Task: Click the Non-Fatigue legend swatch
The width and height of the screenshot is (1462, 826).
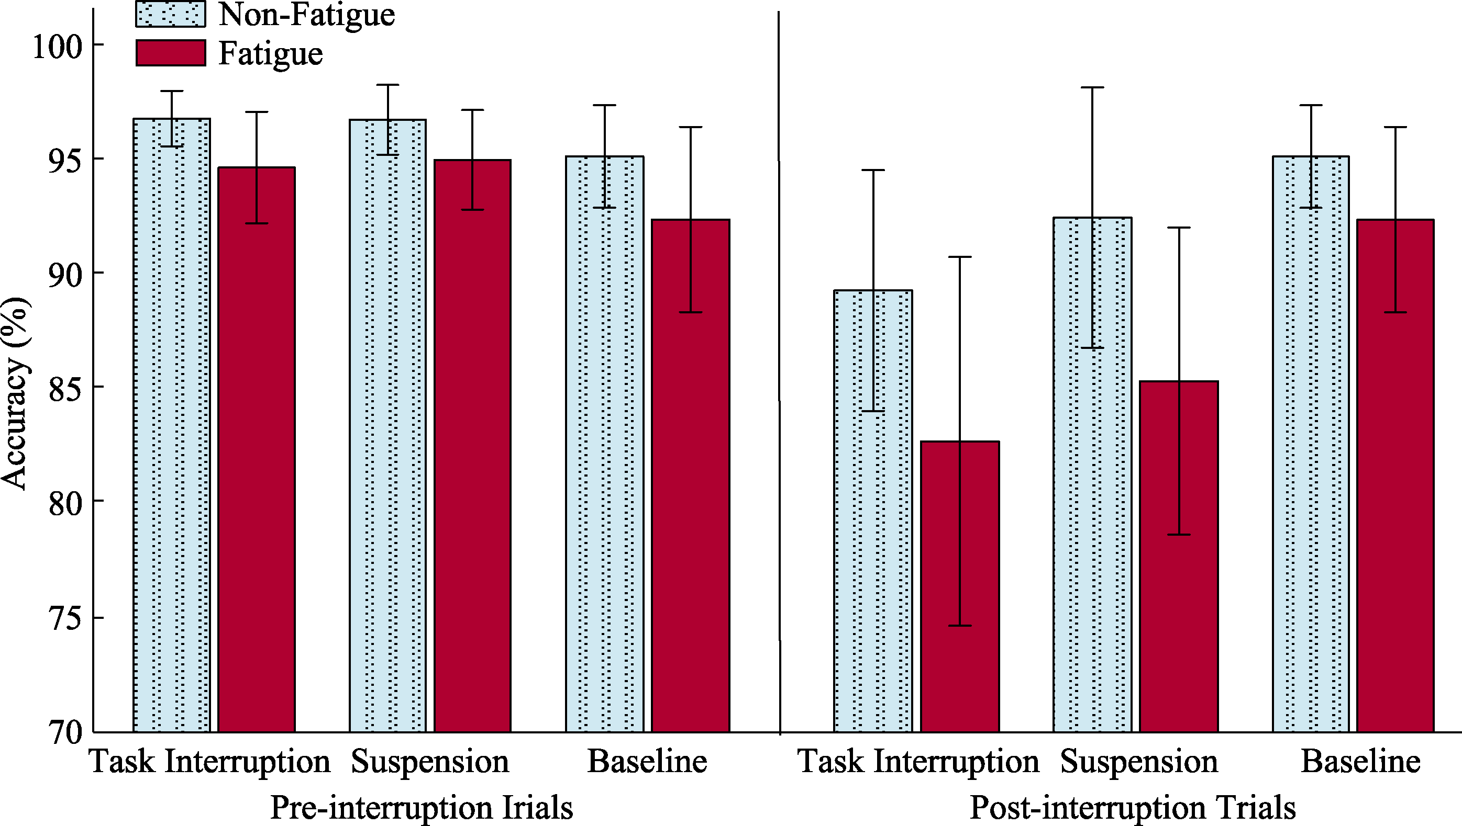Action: (x=170, y=14)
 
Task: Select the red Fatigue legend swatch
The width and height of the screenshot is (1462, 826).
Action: (x=170, y=53)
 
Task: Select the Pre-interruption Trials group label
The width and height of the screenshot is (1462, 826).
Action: (x=422, y=807)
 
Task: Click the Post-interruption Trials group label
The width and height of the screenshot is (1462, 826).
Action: (x=1132, y=807)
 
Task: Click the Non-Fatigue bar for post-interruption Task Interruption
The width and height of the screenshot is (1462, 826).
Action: (x=873, y=511)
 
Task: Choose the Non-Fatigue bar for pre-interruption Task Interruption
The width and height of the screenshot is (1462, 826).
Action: (x=171, y=425)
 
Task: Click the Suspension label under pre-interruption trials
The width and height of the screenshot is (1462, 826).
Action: (x=430, y=761)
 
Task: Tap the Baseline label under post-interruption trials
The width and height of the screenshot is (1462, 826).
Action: (x=1360, y=761)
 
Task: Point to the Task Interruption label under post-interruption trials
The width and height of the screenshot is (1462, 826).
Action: (x=918, y=761)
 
